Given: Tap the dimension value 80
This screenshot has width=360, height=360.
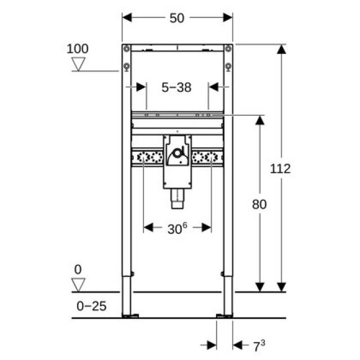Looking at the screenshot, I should pyautogui.click(x=259, y=204).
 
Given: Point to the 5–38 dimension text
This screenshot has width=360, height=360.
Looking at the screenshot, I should pyautogui.click(x=177, y=87).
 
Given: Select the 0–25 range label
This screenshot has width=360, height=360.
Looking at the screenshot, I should pyautogui.click(x=91, y=307).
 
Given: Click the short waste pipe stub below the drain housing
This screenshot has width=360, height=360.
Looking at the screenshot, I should pyautogui.click(x=177, y=197).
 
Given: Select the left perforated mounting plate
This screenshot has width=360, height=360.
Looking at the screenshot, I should pyautogui.click(x=147, y=158).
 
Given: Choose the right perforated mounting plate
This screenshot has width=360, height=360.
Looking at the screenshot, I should pyautogui.click(x=208, y=158).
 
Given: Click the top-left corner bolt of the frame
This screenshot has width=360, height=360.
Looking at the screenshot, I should pyautogui.click(x=127, y=48).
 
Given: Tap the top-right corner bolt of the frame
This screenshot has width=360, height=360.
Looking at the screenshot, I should pyautogui.click(x=228, y=48).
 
